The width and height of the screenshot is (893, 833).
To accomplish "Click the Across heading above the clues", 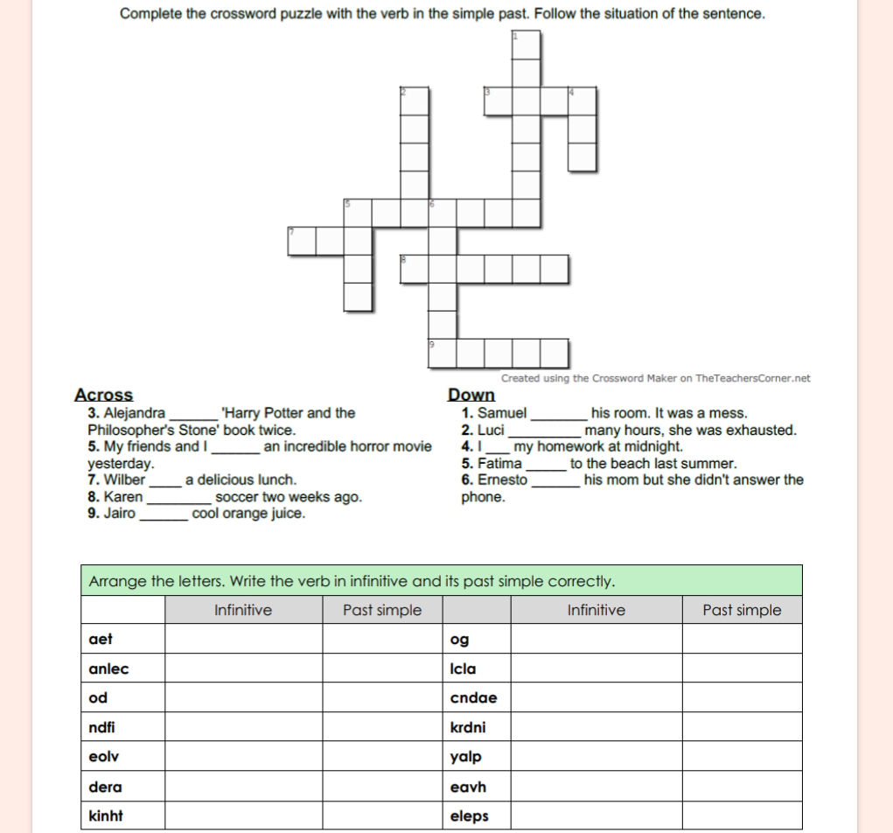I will [104, 395].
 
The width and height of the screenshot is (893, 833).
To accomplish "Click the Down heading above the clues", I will [471, 395].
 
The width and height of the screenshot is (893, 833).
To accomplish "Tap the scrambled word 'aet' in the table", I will [101, 639].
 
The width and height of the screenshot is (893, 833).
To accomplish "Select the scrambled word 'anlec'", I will [108, 668].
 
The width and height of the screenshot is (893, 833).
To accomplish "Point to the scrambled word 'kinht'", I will [106, 815].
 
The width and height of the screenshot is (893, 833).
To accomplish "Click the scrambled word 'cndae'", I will [473, 698].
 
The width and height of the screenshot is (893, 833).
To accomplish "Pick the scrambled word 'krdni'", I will [468, 727].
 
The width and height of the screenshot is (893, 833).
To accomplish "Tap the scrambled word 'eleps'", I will [469, 815].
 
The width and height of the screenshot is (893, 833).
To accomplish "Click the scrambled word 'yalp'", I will [465, 757].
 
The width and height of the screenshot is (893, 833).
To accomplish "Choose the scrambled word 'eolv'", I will [104, 757].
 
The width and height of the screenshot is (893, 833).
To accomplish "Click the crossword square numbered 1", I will [526, 45].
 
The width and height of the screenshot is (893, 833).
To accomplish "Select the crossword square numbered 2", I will [415, 101].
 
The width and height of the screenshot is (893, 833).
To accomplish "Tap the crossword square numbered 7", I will [301, 241].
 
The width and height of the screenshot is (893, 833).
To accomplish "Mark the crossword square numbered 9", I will [443, 353].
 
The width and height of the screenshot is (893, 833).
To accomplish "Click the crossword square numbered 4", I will [582, 101].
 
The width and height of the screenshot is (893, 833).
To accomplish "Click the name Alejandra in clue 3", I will [135, 413].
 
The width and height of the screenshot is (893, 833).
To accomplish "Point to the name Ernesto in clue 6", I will [502, 479].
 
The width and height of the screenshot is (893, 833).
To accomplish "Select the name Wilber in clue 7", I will [124, 479].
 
